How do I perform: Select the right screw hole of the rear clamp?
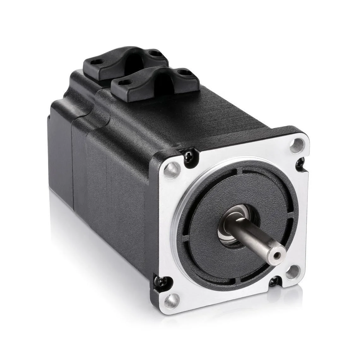[154, 53]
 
